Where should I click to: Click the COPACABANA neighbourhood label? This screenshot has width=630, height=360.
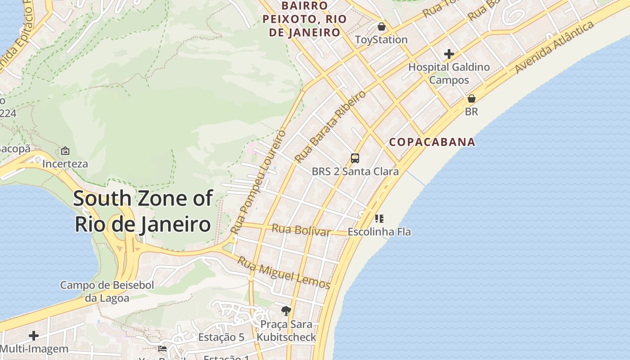432,142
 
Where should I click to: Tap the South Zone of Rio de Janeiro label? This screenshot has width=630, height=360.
143,211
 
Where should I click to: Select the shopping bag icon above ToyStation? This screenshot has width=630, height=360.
382,27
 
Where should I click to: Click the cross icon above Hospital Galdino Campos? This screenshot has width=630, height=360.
449,54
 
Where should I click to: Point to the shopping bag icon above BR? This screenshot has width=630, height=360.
472,99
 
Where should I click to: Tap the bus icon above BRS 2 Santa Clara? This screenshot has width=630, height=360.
355,158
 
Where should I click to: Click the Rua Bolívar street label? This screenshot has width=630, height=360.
301,230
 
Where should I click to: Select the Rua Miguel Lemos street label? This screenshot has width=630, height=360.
284,273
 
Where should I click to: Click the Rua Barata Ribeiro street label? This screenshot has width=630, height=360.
330,127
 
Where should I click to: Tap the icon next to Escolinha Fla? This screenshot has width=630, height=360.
379,219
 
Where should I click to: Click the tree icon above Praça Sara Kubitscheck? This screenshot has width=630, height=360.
286,310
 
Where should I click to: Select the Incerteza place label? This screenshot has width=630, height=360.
65,164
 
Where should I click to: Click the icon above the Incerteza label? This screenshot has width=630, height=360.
65,151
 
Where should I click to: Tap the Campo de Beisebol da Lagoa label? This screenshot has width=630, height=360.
107,291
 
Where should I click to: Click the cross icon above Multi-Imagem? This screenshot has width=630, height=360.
34,336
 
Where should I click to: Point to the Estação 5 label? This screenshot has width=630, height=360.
221,337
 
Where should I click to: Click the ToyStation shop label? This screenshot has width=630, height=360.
381,40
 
